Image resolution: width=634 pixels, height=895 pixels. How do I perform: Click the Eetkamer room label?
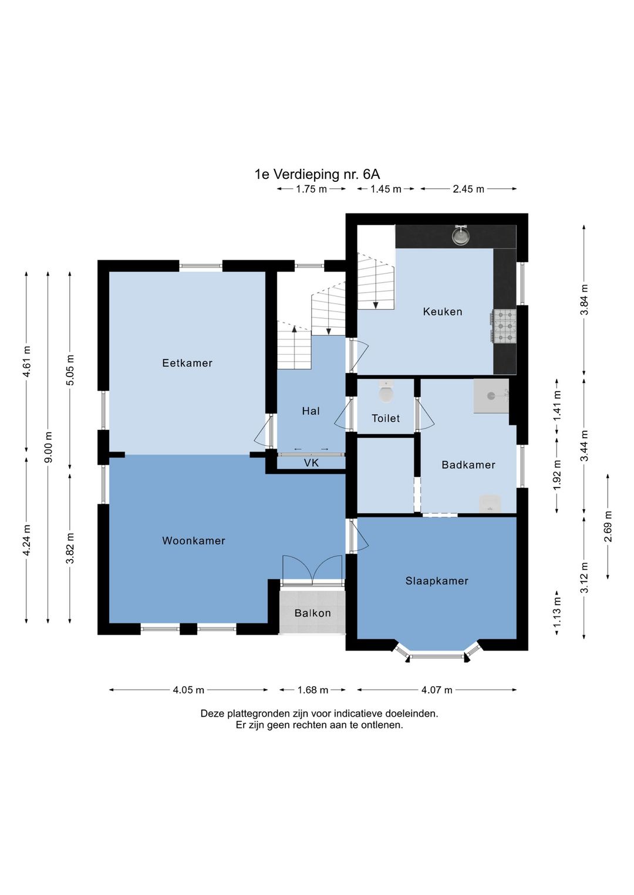[x=187, y=363]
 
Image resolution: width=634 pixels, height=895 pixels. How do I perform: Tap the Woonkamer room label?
[x=194, y=541]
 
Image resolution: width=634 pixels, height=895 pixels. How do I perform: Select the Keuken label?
[x=443, y=311]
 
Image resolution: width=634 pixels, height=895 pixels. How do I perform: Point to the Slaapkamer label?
[x=437, y=581]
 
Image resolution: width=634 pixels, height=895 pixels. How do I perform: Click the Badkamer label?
[x=468, y=465]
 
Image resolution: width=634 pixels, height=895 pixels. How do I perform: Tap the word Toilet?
[x=386, y=418]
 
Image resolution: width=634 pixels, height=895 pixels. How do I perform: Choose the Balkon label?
[x=312, y=613]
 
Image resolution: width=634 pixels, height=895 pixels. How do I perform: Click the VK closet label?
[x=311, y=463]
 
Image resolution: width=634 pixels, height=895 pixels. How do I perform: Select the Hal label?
[x=311, y=411]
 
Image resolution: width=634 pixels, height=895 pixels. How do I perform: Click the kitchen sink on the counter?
[x=461, y=236]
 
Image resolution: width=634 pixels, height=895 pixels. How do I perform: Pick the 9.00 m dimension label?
[x=48, y=447]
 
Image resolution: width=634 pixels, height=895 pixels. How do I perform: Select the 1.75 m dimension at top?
[x=311, y=189]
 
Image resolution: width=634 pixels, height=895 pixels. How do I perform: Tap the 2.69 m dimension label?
[x=608, y=526]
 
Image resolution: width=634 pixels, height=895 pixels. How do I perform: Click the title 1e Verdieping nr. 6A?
[x=317, y=174]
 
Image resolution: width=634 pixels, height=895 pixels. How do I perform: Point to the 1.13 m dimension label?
[x=557, y=610]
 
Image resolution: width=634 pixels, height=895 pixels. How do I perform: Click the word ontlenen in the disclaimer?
[x=385, y=725]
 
